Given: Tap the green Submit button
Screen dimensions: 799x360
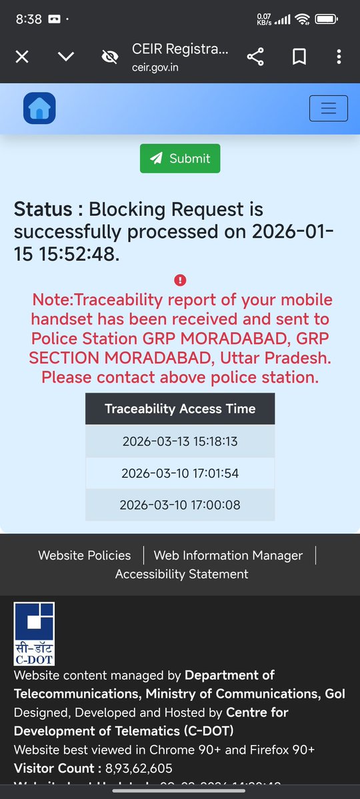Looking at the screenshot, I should [180, 159].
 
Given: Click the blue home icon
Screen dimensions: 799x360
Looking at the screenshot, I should [39, 108].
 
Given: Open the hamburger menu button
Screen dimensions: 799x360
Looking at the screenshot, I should [328, 108].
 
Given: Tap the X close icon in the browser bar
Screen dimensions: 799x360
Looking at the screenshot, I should [22, 57].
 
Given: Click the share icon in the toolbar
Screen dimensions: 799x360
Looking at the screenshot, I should [255, 57].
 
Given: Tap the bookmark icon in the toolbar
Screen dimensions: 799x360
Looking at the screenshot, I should [299, 57].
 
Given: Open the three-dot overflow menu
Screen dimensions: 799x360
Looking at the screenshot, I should [339, 57].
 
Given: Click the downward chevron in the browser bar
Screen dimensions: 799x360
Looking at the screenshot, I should [65, 57].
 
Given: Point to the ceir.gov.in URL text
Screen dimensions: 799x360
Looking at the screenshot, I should [155, 67].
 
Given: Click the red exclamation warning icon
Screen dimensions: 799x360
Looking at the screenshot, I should [180, 281].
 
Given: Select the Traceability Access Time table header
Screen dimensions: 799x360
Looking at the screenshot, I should [180, 408].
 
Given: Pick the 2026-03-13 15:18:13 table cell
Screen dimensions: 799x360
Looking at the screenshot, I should [180, 441].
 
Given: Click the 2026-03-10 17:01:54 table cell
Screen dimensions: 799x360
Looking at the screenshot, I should [180, 473].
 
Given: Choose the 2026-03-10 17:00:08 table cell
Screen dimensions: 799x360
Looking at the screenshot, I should [180, 505].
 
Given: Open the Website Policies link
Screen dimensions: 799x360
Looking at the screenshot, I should [85, 555].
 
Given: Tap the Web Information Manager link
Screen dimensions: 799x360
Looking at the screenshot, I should [228, 555].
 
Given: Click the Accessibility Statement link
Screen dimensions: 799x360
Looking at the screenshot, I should [181, 574].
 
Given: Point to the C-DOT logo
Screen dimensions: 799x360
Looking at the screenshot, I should [34, 634].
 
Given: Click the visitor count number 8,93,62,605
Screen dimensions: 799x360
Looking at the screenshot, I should [139, 768].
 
